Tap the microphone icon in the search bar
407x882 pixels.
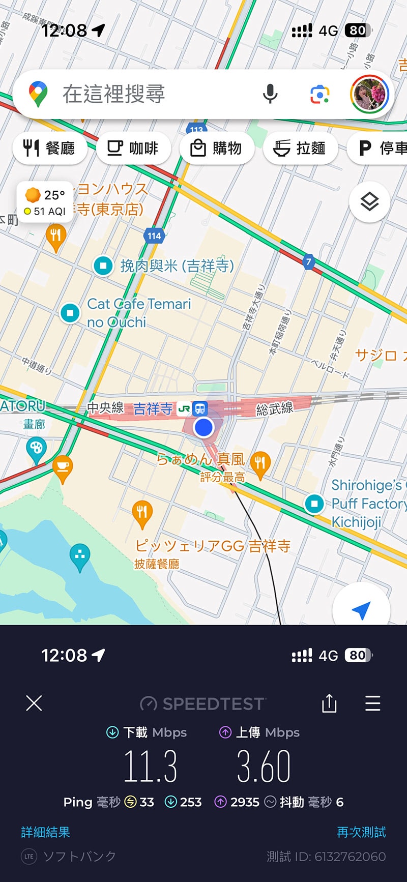(x=270, y=94)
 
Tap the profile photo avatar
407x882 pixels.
(x=369, y=94)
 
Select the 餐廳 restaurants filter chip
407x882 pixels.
(x=49, y=148)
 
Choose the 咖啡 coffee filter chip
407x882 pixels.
(x=133, y=148)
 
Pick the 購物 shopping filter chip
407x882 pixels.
(x=216, y=148)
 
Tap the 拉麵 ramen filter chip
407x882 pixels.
(x=300, y=148)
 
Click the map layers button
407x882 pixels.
(x=369, y=202)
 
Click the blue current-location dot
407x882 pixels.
(x=203, y=427)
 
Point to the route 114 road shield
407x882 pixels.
(x=154, y=236)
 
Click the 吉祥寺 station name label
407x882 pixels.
(x=153, y=408)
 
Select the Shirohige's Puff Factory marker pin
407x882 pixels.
(x=314, y=504)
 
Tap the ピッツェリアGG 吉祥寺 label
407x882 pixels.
(x=213, y=546)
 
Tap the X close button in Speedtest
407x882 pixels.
(x=34, y=703)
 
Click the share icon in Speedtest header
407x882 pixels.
(x=329, y=703)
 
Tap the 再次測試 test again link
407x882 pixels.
(x=361, y=832)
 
